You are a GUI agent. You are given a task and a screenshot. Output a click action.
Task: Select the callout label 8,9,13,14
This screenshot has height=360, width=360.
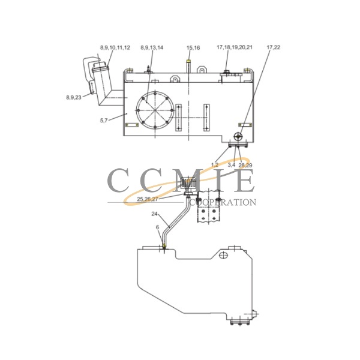tap(151, 47)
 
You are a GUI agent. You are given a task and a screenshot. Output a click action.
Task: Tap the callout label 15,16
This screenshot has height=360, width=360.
tap(193, 47)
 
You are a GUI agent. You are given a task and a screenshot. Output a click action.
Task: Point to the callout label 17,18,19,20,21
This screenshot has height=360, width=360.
tap(235, 47)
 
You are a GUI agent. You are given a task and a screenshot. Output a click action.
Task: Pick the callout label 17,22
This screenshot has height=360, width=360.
tap(273, 47)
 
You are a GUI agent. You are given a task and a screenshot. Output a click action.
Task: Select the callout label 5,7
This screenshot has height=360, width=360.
tap(104, 121)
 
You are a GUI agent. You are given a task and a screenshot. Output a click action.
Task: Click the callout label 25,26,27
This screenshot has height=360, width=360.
tap(148, 199)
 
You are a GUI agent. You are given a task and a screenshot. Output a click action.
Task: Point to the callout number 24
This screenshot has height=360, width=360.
tap(154, 214)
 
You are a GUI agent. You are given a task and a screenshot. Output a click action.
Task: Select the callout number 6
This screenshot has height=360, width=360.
tap(158, 227)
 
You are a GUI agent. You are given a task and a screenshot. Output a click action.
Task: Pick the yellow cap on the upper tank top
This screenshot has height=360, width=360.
tap(189, 61)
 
